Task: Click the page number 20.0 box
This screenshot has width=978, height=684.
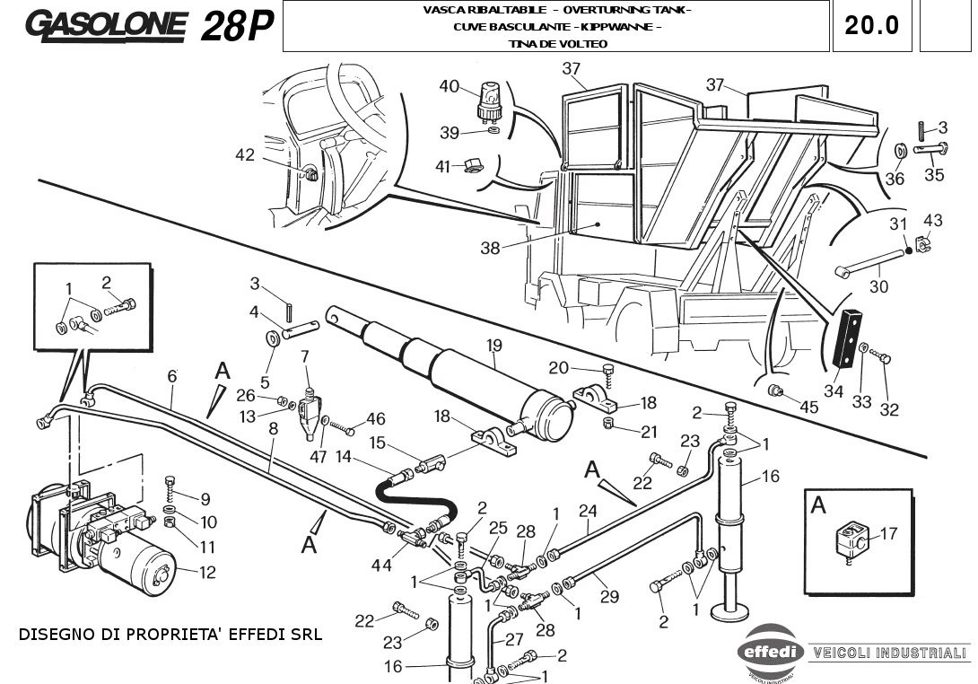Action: (871, 25)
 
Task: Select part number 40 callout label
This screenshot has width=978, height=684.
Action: (449, 86)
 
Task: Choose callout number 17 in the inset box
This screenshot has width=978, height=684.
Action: (888, 534)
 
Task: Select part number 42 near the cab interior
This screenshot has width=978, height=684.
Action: (245, 155)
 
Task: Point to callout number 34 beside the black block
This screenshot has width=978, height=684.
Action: (834, 391)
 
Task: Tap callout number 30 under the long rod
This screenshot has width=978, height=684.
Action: (879, 287)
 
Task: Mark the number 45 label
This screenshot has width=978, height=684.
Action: (809, 407)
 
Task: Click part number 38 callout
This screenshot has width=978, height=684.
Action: (490, 249)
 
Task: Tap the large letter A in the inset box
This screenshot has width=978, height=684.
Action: (818, 505)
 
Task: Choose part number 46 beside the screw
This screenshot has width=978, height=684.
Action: (375, 418)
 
